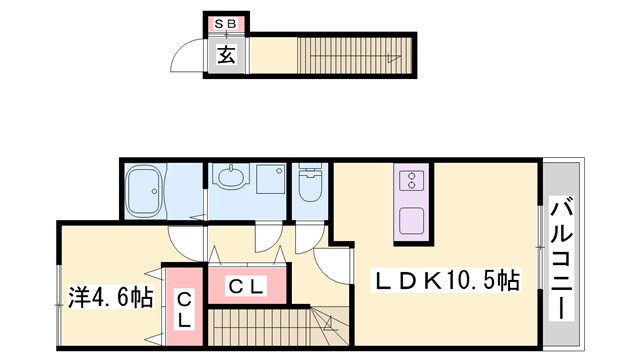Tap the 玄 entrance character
coord(226,55)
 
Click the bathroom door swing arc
coord(185,238)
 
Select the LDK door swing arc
coord(330,262)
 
